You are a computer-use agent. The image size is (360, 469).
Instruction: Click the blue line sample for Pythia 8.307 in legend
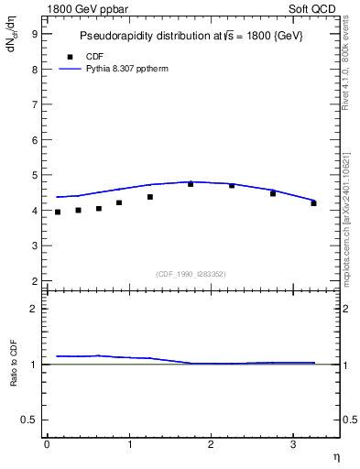[71, 68]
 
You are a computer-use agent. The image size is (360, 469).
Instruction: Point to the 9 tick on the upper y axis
[34, 34]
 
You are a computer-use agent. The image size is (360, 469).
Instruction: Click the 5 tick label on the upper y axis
[34, 175]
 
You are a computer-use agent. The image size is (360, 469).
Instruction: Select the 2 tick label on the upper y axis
[34, 281]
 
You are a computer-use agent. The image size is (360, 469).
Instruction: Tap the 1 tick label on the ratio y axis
[34, 365]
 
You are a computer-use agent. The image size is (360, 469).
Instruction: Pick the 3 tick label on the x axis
[292, 445]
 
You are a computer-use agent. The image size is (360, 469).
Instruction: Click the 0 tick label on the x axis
[47, 445]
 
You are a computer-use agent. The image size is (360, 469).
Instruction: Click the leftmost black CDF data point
[58, 213]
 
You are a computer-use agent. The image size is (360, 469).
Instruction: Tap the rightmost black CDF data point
[313, 203]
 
